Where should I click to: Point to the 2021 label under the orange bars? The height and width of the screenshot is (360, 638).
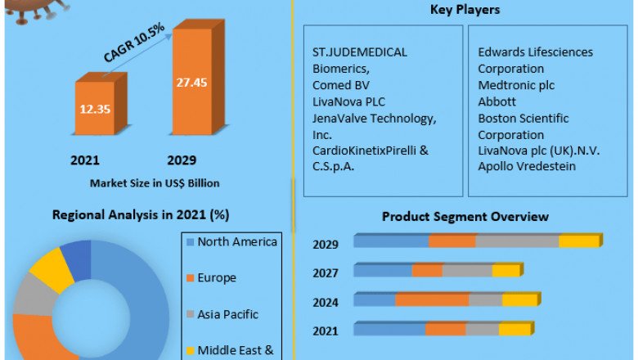point(86,160)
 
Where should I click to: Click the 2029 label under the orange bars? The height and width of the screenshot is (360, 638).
point(182,160)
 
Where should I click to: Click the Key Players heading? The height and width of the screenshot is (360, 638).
point(465,10)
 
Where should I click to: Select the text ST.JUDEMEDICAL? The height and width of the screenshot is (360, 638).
point(359,52)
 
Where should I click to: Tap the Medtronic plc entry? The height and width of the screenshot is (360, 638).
point(518,85)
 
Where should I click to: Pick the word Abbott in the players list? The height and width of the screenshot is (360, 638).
point(496,101)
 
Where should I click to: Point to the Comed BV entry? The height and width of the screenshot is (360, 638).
point(339,85)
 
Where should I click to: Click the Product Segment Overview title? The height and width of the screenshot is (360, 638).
point(465,216)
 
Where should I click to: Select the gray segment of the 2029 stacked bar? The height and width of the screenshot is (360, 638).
point(517,241)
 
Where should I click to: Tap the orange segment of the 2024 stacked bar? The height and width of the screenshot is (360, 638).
point(432,299)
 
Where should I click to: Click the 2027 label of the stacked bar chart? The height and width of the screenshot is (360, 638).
point(326,273)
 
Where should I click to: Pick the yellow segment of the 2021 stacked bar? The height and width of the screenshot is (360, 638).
point(514,329)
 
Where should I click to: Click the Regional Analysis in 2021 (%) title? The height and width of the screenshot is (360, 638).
point(140,215)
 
